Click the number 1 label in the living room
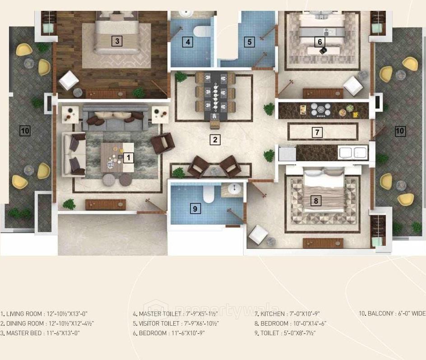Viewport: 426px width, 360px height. point(129,158)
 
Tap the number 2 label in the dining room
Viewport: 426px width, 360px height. point(215,140)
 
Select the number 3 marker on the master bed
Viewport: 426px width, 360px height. point(117,41)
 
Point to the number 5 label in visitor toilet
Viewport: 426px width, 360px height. point(250,42)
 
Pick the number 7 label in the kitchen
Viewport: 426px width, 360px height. point(318,132)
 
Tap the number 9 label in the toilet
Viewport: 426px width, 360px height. point(195,209)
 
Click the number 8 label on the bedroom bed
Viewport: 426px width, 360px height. point(316,201)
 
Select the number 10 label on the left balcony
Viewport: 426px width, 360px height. point(25,131)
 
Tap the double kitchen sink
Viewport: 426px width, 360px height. point(353,153)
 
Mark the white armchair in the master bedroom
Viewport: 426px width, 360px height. point(69,81)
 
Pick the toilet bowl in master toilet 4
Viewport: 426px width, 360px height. point(199,31)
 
